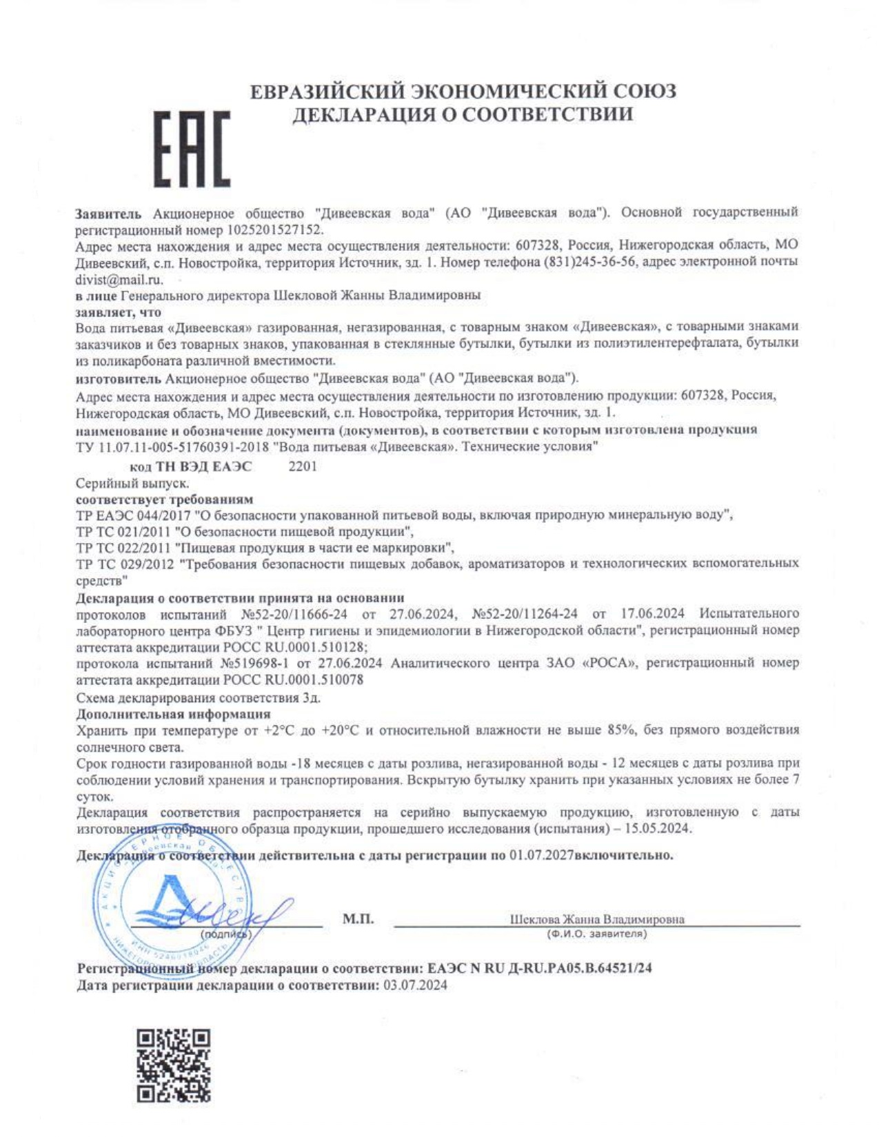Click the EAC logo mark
(x=191, y=150)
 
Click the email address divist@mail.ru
(x=119, y=279)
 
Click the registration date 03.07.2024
(x=415, y=985)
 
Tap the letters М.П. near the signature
(x=358, y=919)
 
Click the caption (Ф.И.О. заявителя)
(x=596, y=934)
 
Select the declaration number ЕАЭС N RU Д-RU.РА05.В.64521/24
(x=539, y=968)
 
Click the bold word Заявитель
(x=108, y=214)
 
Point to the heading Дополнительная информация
(x=173, y=713)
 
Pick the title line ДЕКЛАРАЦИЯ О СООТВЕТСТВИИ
(x=463, y=114)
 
